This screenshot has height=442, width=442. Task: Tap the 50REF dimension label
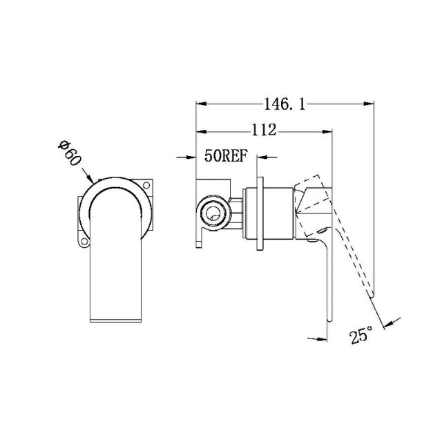coord(225,157)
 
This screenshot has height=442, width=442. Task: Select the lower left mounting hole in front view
coord(84,241)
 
